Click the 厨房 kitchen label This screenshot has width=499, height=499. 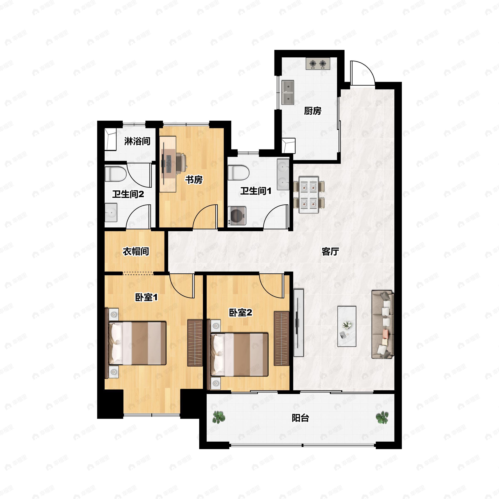[x=312, y=111]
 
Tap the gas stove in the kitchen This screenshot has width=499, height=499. [x=318, y=64]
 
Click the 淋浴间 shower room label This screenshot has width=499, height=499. [x=137, y=141]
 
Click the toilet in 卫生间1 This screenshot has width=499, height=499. [x=238, y=173]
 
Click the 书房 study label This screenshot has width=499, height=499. [x=194, y=179]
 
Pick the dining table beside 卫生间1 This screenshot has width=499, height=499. [x=309, y=195]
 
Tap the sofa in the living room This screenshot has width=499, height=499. [x=383, y=324]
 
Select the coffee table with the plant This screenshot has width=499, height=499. [x=347, y=326]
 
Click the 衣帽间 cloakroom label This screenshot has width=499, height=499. [x=136, y=251]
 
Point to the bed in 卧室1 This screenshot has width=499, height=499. [x=137, y=343]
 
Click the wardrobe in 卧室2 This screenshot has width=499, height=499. [x=281, y=338]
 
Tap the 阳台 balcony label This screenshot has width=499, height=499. [x=300, y=418]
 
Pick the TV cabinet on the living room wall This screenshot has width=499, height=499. [x=299, y=323]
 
